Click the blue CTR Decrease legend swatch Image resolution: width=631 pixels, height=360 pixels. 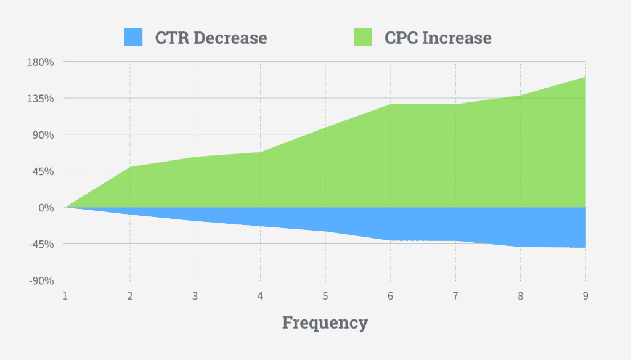click(133, 38)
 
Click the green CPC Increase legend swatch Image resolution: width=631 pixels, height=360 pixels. click(363, 38)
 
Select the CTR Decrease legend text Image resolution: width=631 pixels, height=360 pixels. click(211, 38)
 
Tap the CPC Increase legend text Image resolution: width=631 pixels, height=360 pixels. click(438, 38)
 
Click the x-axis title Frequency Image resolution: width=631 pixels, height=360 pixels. click(325, 322)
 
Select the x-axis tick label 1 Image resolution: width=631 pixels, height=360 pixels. click(65, 296)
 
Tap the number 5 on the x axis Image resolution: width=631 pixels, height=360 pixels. click(325, 296)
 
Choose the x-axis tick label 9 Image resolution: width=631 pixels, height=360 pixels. click(585, 296)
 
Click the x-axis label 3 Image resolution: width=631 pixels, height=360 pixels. click(195, 296)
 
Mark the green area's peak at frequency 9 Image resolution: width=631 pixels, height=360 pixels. click(585, 78)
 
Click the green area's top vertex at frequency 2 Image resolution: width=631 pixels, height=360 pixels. click(130, 167)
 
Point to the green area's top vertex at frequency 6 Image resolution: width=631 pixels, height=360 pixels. click(390, 104)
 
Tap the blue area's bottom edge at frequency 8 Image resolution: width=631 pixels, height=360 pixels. click(520, 247)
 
